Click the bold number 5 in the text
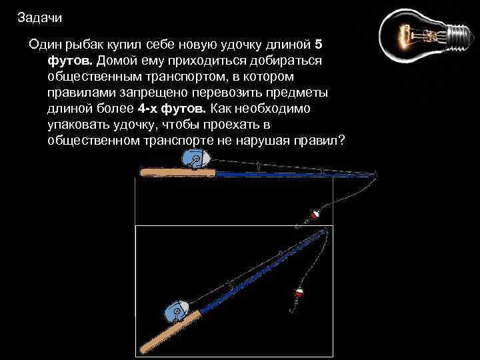[x=318, y=45]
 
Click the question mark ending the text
[x=341, y=141]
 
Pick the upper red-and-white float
[x=315, y=215]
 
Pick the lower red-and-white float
[x=299, y=293]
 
